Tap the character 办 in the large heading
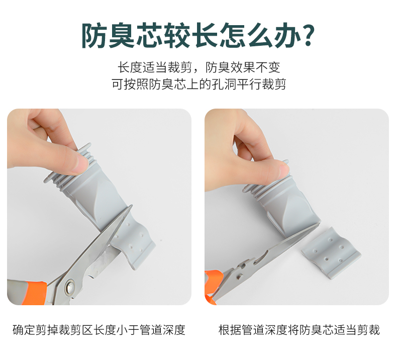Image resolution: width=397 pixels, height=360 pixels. pos(286,36)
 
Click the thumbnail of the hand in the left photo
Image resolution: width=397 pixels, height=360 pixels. pos(81,164)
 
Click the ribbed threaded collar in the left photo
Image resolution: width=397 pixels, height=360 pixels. pos(68,168)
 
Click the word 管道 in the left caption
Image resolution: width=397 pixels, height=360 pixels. pos(151,330)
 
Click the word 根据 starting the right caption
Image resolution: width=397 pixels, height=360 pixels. pos(230,330)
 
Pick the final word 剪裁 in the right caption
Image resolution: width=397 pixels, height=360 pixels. pos(368,330)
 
